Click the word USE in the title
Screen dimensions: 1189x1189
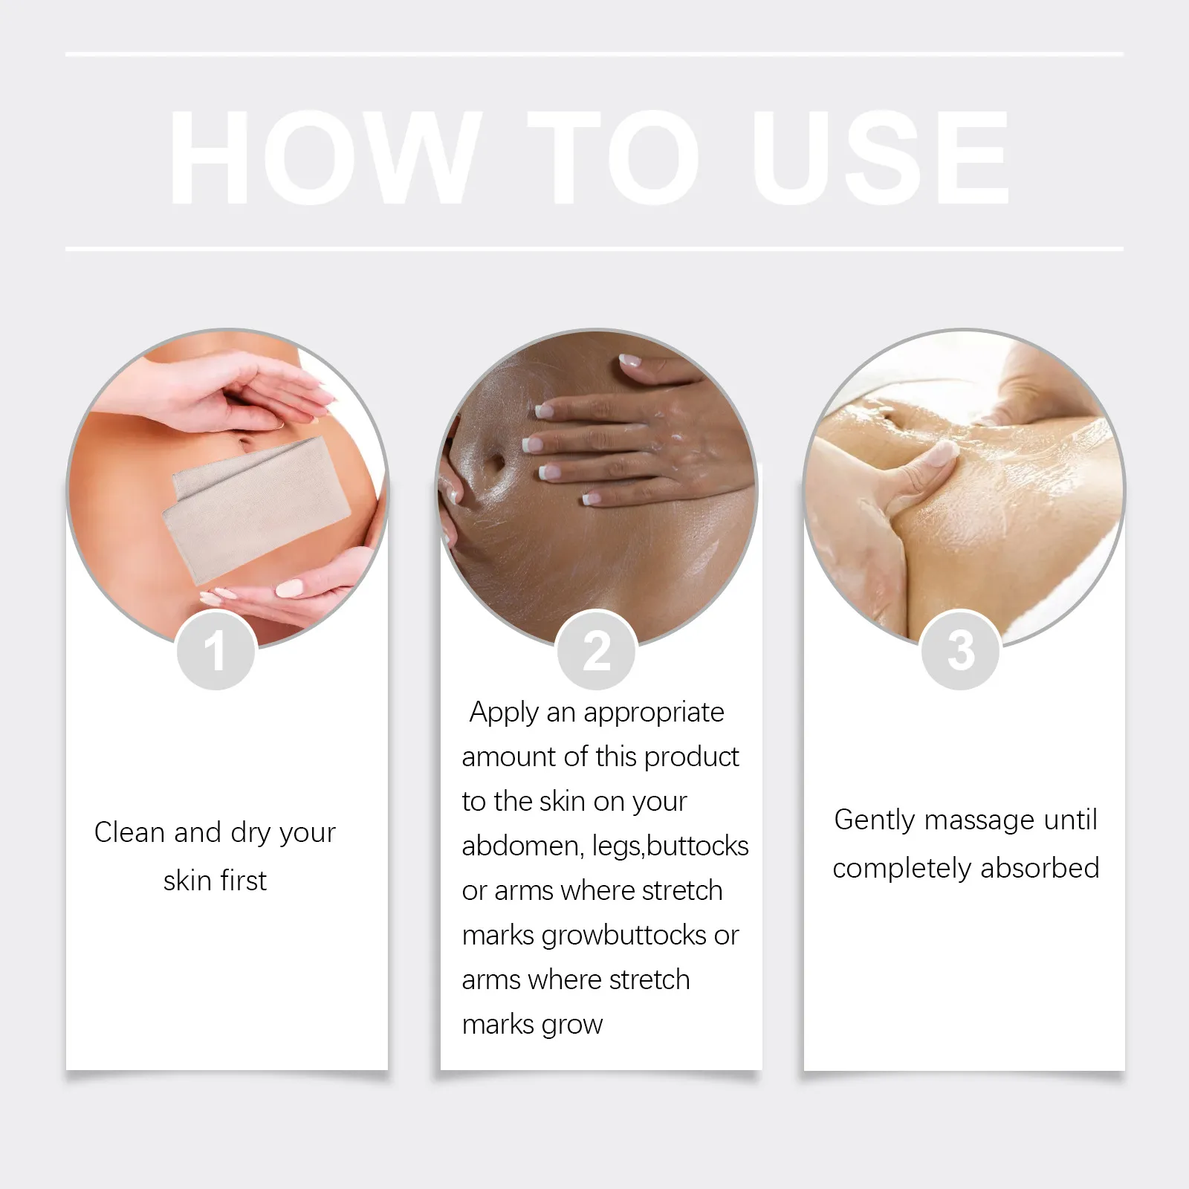pyautogui.click(x=884, y=157)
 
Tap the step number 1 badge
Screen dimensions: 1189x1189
pyautogui.click(x=216, y=651)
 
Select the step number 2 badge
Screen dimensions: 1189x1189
pyautogui.click(x=597, y=651)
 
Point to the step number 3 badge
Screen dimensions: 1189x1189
pyautogui.click(x=960, y=651)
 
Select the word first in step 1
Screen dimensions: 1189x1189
pyautogui.click(x=244, y=881)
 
